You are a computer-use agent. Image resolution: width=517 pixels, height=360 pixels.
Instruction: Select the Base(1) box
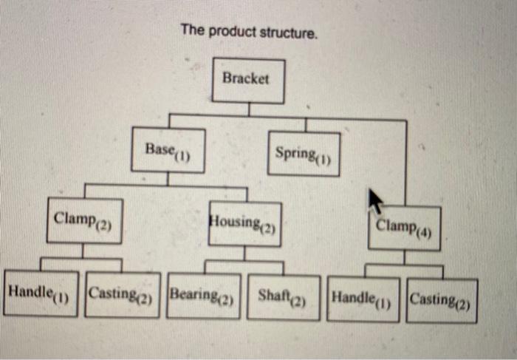[x=168, y=150]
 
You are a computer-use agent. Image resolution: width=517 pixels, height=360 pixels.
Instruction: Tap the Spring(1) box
[x=304, y=154]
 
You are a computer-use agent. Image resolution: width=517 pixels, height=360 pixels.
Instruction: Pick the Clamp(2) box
[x=83, y=220]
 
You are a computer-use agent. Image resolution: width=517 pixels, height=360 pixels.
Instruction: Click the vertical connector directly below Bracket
[x=249, y=109]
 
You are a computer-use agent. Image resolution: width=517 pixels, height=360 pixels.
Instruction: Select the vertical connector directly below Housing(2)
[x=244, y=254]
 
